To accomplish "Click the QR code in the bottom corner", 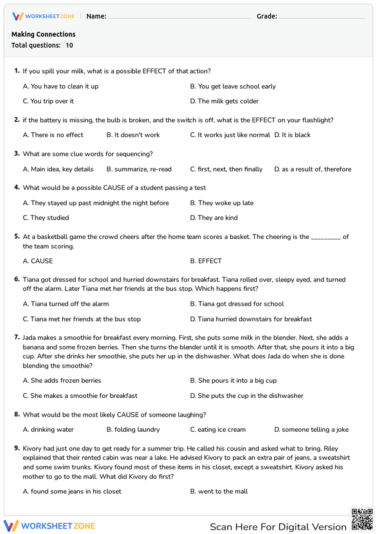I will click(x=362, y=519).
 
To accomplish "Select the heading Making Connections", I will click(x=43, y=34).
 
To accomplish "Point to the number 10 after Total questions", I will click(x=69, y=45).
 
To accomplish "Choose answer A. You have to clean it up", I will click(x=61, y=86).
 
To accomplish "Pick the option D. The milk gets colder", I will click(x=224, y=101).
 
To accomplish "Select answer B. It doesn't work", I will click(x=133, y=135).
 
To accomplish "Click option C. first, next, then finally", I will click(x=226, y=169).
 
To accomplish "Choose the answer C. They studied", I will click(x=46, y=218).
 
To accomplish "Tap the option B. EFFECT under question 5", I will click(x=206, y=261).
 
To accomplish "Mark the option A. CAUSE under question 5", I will click(x=38, y=261).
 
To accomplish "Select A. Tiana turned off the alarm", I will click(x=66, y=304).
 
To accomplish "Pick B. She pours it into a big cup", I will click(x=233, y=381).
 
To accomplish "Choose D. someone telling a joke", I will click(x=311, y=430).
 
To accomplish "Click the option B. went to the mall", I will click(x=219, y=492).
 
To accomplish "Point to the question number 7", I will click(x=17, y=337).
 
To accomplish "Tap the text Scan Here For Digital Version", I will click(x=278, y=527).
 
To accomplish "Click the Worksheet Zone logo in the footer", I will click(x=49, y=526).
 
